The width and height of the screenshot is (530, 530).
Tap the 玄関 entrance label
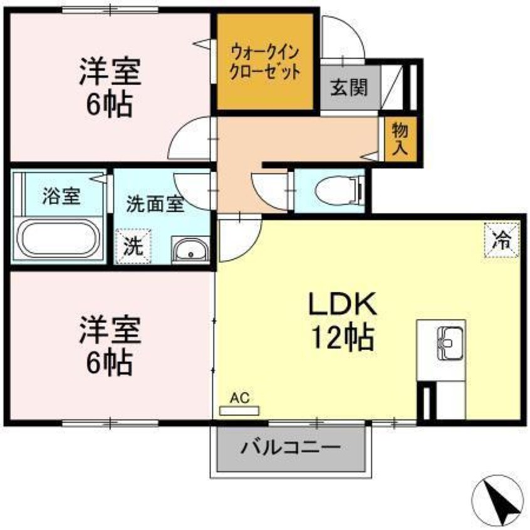click(x=346, y=88)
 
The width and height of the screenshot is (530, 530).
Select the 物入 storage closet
click(x=400, y=139)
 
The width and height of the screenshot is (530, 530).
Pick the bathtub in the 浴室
click(x=59, y=238)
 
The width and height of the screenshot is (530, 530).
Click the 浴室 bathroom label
click(x=61, y=196)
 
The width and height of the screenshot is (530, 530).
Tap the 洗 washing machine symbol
click(x=133, y=246)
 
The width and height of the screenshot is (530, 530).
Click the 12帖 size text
click(x=341, y=338)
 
